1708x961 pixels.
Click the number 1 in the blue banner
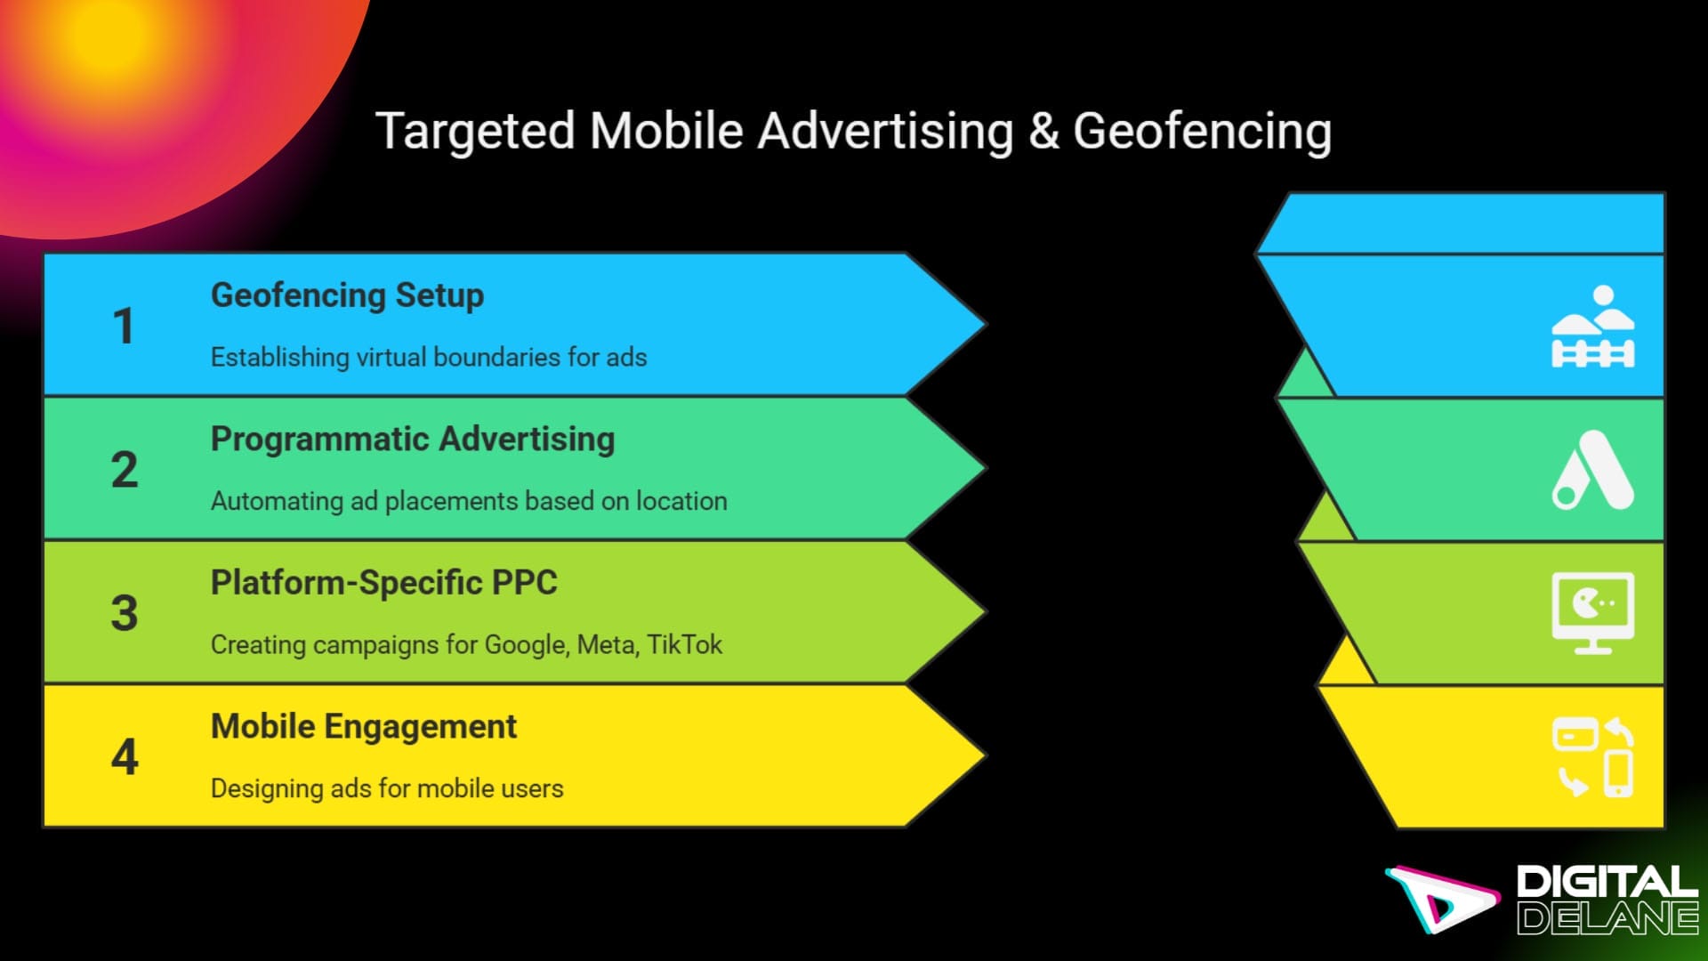click(123, 326)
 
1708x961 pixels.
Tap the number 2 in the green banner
click(125, 469)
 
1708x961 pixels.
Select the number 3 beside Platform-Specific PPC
click(125, 613)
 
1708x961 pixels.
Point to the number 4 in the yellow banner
click(125, 757)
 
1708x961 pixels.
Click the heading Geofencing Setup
click(347, 295)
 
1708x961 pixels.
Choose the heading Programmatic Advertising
click(413, 440)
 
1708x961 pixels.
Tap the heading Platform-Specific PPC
click(383, 583)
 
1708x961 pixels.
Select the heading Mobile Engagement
click(363, 727)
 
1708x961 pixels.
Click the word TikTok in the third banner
click(684, 644)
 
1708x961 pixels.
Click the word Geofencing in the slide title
click(1202, 132)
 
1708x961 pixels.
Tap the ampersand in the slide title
click(1043, 132)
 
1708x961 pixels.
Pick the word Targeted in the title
click(475, 132)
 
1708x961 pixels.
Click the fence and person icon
click(1592, 327)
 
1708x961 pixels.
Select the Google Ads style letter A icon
click(1592, 470)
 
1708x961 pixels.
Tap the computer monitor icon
click(1592, 613)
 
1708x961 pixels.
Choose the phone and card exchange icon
click(1592, 757)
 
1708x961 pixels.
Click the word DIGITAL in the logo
click(1607, 882)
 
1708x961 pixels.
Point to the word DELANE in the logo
click(1607, 918)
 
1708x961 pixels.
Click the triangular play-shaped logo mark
click(1441, 899)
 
